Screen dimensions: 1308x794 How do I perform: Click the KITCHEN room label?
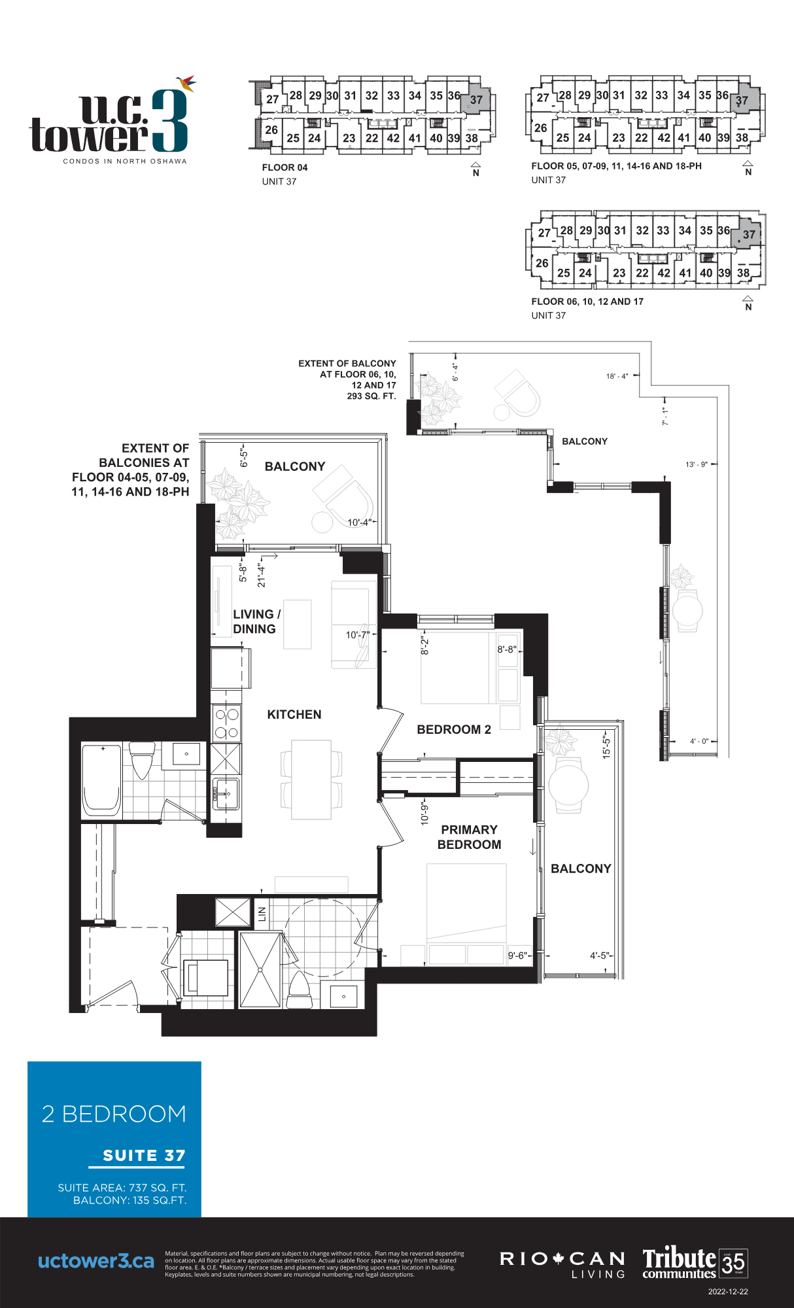point(294,715)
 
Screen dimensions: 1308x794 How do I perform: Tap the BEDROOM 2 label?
point(454,730)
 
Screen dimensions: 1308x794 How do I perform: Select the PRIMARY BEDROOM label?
point(469,837)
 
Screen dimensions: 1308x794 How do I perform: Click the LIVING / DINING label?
point(256,621)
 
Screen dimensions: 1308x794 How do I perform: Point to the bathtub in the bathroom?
point(101,780)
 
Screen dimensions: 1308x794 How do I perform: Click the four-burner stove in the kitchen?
point(226,723)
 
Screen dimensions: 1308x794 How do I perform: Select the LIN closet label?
point(262,914)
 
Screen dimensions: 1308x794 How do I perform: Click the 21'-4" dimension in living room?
point(261,575)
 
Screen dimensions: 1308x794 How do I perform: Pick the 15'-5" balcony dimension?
point(606,746)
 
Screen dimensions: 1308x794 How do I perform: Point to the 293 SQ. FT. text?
point(371,396)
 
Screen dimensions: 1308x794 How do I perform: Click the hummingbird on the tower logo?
point(186,83)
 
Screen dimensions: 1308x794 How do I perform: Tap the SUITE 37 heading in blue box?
point(144,1156)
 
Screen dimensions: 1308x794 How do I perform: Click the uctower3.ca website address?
point(96,1261)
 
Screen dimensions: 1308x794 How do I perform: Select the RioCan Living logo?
point(562,1264)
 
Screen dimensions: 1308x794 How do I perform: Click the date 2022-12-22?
point(727,1292)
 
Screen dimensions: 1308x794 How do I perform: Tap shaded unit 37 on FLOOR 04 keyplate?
point(476,100)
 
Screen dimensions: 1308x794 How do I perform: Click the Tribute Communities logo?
point(693,1262)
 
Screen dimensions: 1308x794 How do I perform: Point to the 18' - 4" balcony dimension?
point(617,376)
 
